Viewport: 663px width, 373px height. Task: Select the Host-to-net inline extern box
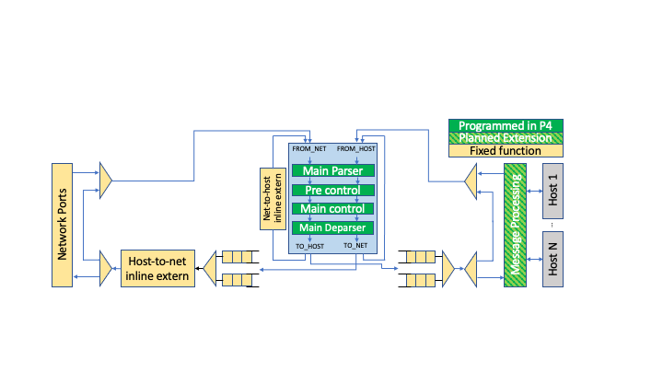[156, 268]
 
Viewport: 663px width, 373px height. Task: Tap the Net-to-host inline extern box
[270, 198]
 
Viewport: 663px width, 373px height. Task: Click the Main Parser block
[332, 170]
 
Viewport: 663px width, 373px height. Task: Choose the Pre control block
[332, 190]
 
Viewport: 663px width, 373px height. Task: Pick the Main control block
[332, 209]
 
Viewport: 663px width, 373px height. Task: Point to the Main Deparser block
[332, 227]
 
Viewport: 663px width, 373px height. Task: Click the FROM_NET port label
[309, 148]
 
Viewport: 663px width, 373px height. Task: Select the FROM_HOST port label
[356, 148]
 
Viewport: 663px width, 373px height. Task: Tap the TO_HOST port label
[309, 247]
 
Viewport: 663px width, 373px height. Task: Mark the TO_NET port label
[356, 247]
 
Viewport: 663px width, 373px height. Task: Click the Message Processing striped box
[516, 225]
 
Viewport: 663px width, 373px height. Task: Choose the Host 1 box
[552, 189]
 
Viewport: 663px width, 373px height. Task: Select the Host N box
[552, 259]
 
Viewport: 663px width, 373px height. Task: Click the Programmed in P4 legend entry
[506, 125]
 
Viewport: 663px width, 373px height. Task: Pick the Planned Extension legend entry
[506, 138]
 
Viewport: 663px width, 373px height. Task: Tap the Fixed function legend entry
[506, 150]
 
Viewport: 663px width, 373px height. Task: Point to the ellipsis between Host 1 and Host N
[552, 224]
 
